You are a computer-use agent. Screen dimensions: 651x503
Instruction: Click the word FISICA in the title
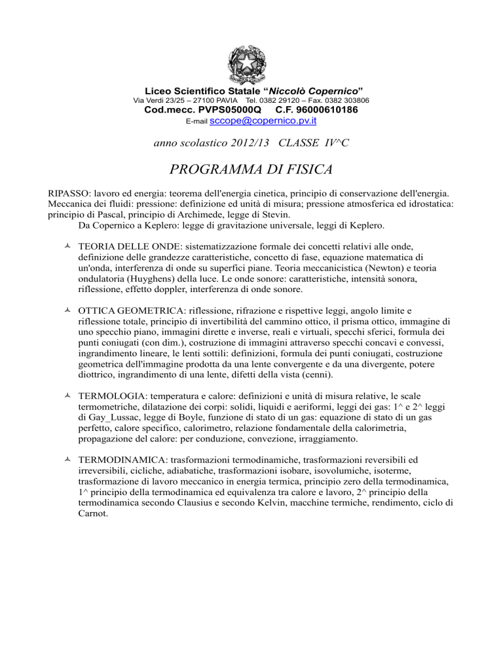[x=299, y=171]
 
